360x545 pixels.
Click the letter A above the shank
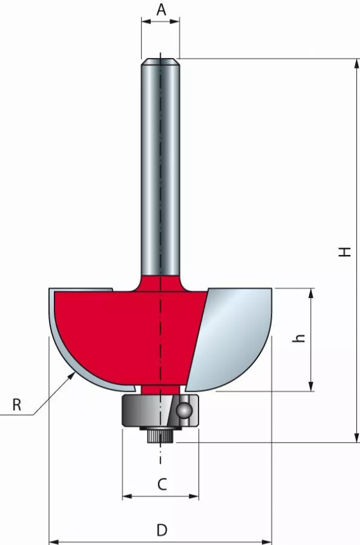tap(161, 10)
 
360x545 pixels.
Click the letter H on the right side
tap(344, 250)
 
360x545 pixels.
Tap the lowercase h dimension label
tap(298, 339)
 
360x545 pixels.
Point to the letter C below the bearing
tap(162, 484)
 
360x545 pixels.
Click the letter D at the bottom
tap(162, 530)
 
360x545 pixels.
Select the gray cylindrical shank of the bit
tap(160, 170)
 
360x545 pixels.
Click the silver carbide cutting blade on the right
tap(233, 339)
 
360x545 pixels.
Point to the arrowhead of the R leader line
tap(73, 374)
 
